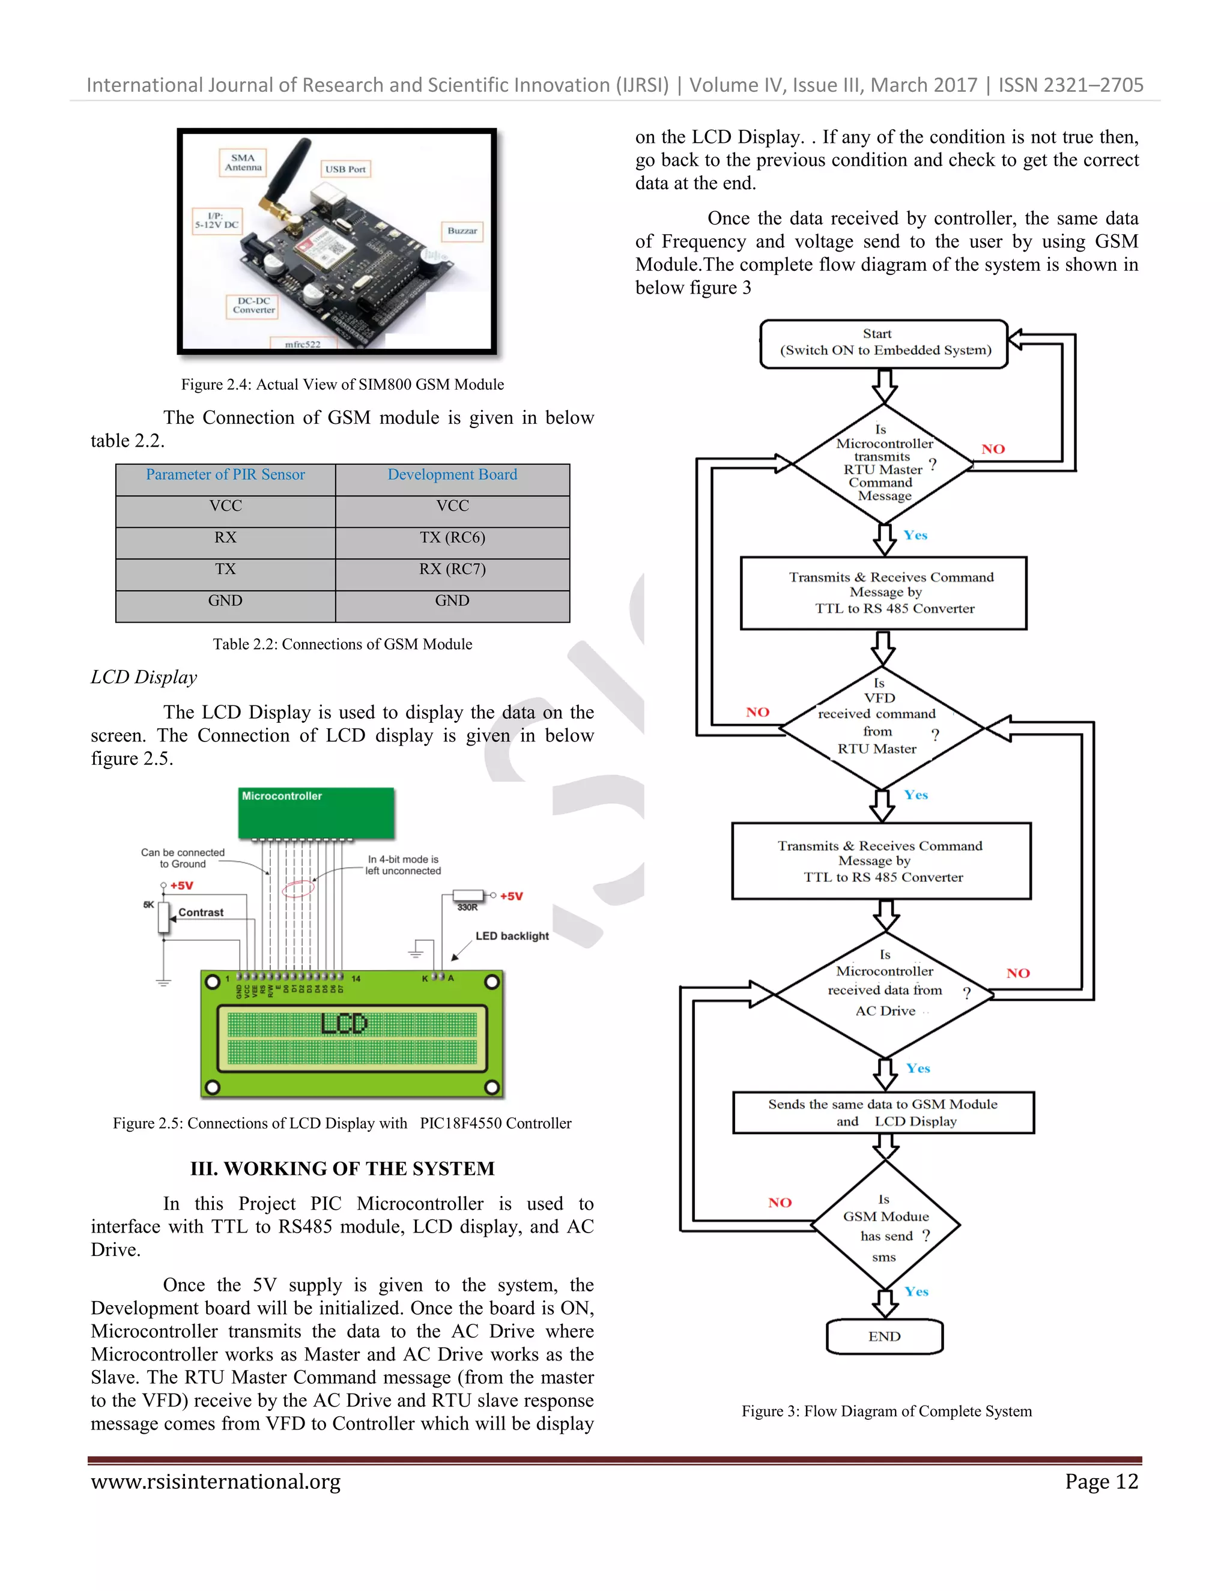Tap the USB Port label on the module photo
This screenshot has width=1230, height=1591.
(x=345, y=169)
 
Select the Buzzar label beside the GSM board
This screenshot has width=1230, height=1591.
(x=462, y=231)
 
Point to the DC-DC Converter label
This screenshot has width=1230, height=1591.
(x=253, y=305)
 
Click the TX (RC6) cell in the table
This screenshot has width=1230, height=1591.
(x=452, y=537)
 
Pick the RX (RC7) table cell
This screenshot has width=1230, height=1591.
(x=452, y=569)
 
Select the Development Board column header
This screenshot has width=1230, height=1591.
(x=452, y=475)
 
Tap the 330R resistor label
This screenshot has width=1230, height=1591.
(x=467, y=908)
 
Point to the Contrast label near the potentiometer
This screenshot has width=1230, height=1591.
(x=201, y=913)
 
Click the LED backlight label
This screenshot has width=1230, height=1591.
(x=512, y=936)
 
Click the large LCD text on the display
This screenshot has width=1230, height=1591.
(x=344, y=1024)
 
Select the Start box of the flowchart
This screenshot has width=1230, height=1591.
(x=885, y=342)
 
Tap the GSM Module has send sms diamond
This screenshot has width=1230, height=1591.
(x=885, y=1228)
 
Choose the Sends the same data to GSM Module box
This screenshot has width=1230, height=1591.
(x=882, y=1112)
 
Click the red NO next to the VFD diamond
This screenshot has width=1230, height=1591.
(x=758, y=713)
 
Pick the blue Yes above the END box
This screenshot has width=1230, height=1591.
(x=916, y=1291)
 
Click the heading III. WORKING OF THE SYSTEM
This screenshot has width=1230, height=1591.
(x=342, y=1168)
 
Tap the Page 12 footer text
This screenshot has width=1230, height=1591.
(x=1101, y=1482)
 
